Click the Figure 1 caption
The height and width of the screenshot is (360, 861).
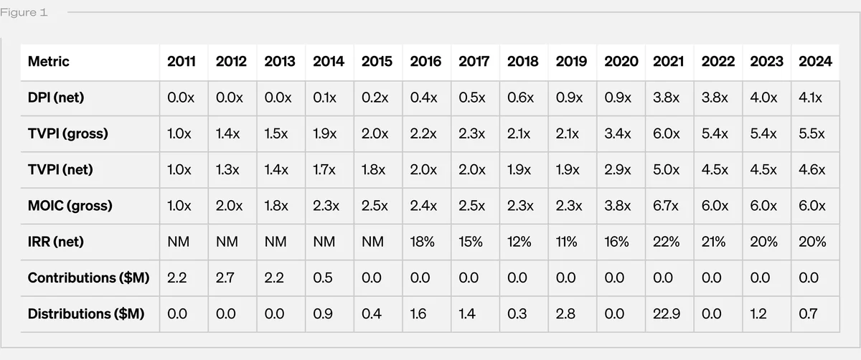(x=24, y=13)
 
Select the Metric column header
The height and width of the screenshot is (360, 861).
(x=49, y=62)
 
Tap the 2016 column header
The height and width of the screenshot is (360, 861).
(x=425, y=62)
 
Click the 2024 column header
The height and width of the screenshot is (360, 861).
(x=815, y=62)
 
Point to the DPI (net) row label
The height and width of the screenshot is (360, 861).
(x=56, y=98)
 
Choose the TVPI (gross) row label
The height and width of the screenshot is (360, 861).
(x=67, y=133)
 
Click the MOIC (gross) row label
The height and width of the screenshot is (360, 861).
(x=70, y=206)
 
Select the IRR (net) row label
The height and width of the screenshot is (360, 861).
(x=55, y=242)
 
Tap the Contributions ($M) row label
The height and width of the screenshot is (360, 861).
(x=88, y=278)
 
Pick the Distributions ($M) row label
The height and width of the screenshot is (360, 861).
(x=86, y=314)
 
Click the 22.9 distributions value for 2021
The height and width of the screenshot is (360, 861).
(x=667, y=314)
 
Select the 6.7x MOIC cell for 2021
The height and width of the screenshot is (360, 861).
(x=665, y=206)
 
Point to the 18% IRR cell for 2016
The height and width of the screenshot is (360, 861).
(x=422, y=242)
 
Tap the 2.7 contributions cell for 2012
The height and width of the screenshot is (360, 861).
(x=225, y=278)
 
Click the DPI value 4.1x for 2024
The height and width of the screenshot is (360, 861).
(x=810, y=98)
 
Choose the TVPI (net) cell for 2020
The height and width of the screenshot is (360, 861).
(x=617, y=170)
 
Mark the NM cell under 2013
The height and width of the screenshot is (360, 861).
(x=276, y=242)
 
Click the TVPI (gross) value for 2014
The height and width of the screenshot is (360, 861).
(x=324, y=133)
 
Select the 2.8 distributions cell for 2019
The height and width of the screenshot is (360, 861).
(x=565, y=314)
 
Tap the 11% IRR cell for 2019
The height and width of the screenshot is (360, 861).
(x=566, y=242)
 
